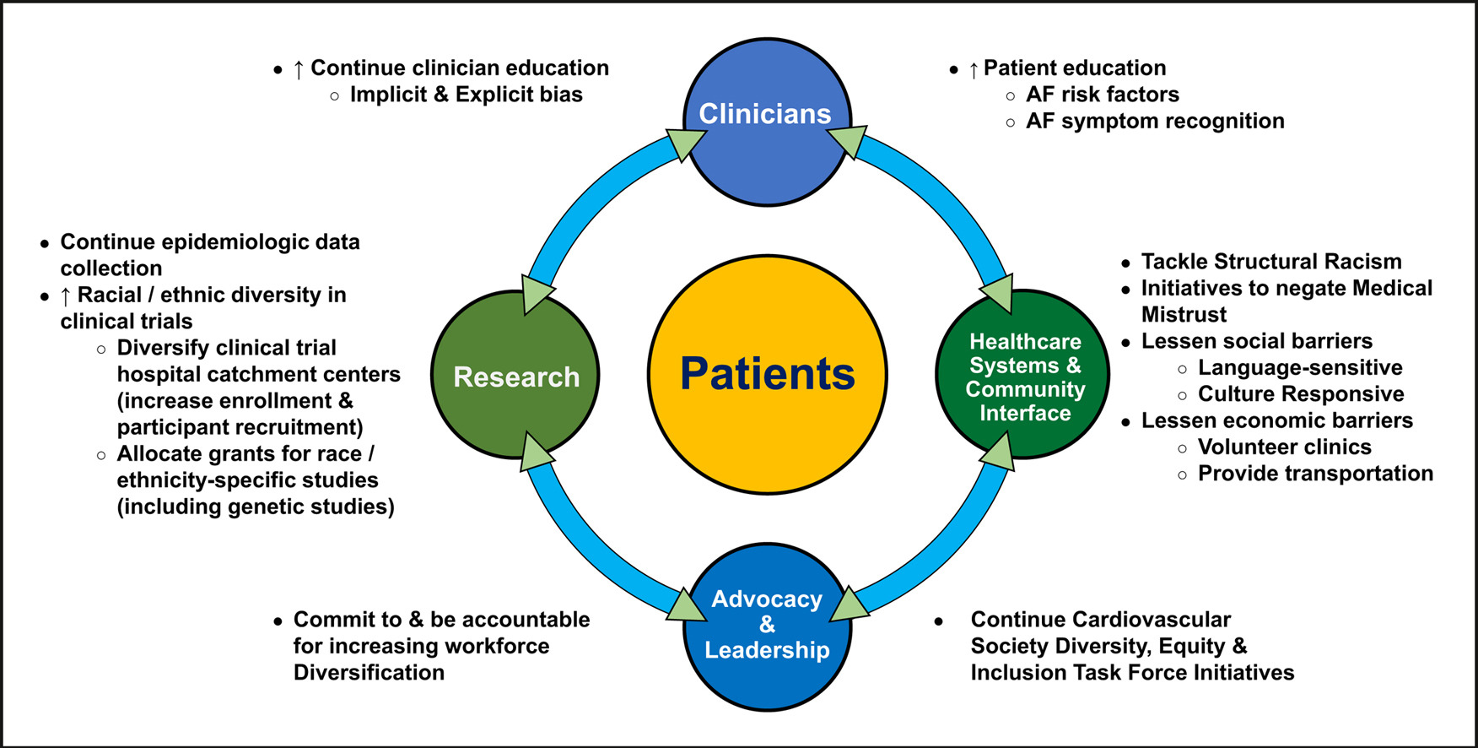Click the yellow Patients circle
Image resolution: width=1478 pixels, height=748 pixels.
[767, 374]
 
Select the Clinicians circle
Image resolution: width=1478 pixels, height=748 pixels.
[766, 122]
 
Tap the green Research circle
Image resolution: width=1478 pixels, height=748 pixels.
[515, 376]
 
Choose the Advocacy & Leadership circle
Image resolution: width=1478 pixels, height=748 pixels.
[766, 626]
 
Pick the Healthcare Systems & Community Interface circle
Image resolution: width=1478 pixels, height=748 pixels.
[1023, 376]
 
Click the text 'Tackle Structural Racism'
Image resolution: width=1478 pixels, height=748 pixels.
[1270, 262]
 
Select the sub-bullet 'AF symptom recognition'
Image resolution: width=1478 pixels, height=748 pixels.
[1154, 121]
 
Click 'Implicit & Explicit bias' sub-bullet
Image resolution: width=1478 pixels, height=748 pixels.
[466, 95]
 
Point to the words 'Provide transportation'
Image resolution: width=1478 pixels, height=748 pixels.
[1314, 474]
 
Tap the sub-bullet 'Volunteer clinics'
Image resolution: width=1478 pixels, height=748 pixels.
[1284, 447]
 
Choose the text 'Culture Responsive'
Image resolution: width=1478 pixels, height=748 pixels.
[1300, 394]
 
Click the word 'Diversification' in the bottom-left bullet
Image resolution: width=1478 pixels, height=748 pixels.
[369, 673]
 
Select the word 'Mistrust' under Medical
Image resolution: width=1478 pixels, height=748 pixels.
[1184, 315]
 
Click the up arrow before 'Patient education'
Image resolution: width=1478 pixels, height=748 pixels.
[974, 69]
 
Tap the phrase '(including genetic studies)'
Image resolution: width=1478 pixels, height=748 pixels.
[256, 507]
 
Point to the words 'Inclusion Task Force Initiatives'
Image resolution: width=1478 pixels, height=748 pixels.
[1131, 673]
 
